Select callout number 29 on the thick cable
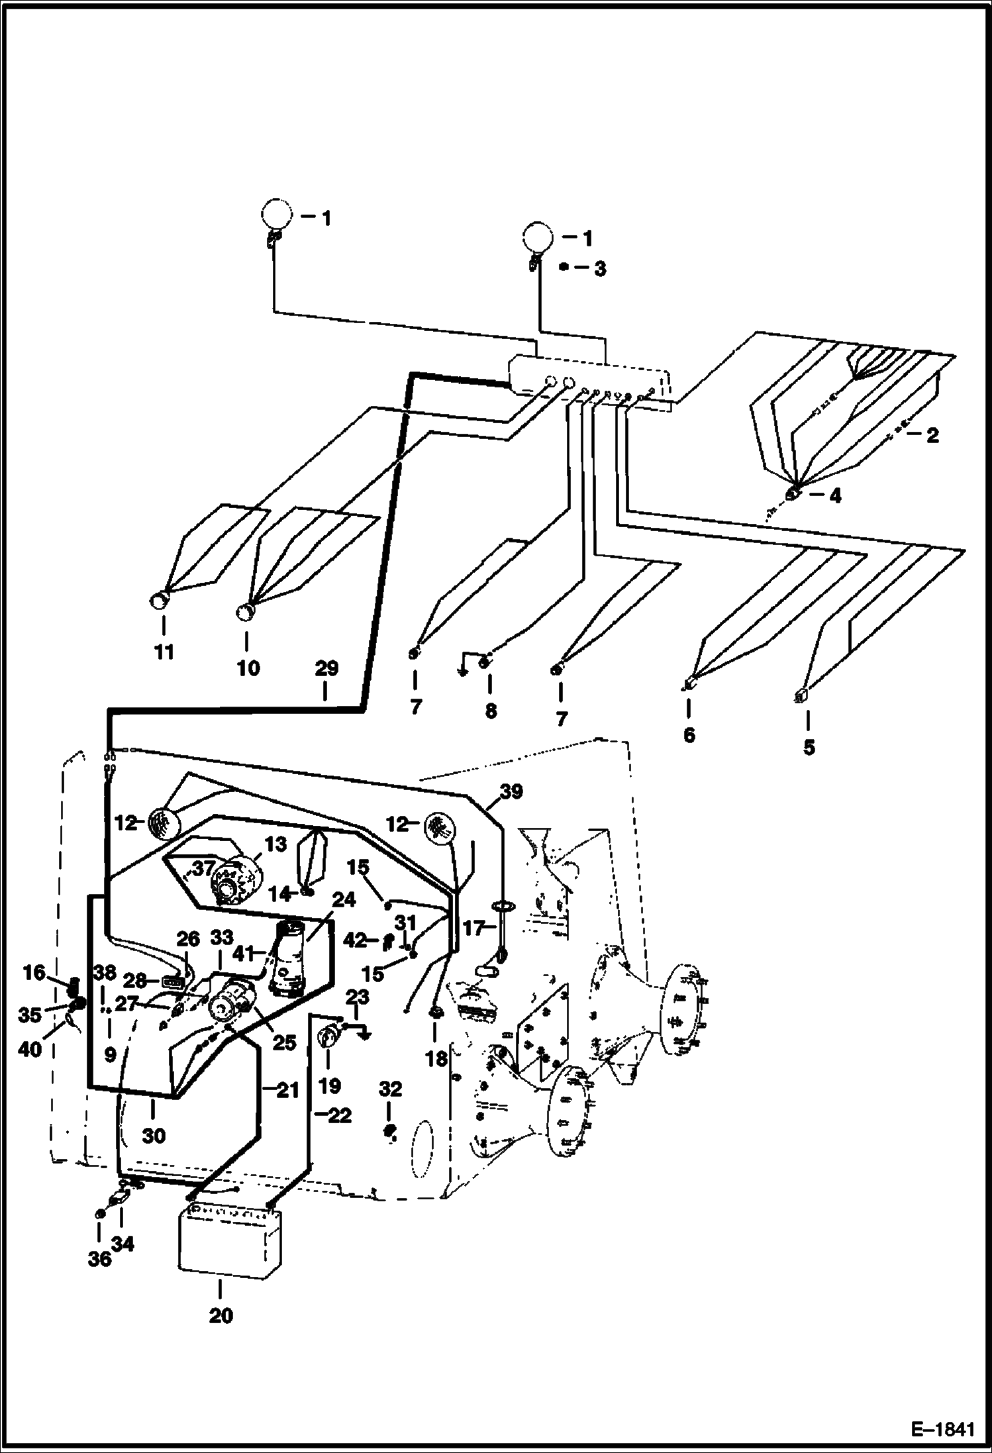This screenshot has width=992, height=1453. pyautogui.click(x=326, y=668)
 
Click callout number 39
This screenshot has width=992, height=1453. pyautogui.click(x=511, y=791)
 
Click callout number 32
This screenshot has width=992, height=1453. pyautogui.click(x=391, y=1089)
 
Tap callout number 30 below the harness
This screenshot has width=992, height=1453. pyautogui.click(x=154, y=1135)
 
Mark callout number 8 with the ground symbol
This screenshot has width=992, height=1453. pyautogui.click(x=490, y=711)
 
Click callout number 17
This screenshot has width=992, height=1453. pyautogui.click(x=474, y=928)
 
